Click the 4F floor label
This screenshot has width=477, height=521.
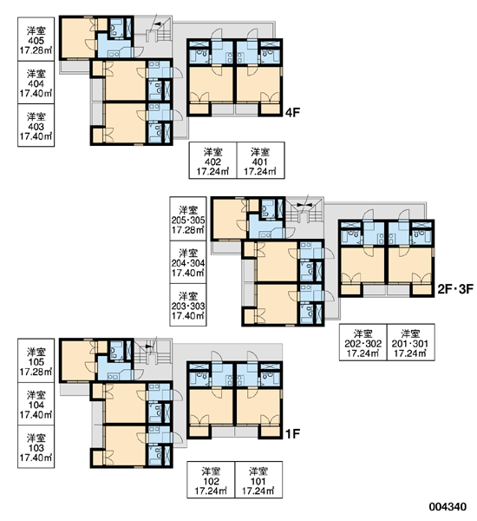[292, 112]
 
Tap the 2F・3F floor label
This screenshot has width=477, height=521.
[455, 289]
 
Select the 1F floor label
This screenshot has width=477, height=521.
[292, 433]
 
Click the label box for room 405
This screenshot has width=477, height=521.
[36, 39]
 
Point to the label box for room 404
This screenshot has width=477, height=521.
[36, 82]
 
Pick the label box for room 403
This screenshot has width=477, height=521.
[36, 125]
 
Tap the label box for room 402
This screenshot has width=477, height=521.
[212, 161]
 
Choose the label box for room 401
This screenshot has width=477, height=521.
[260, 161]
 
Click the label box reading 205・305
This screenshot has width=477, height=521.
[188, 219]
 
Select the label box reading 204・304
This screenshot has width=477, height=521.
[188, 262]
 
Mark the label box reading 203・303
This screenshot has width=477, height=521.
[188, 305]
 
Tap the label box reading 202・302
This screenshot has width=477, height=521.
[363, 342]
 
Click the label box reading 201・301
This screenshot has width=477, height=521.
[410, 342]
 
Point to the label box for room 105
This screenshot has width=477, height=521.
[36, 360]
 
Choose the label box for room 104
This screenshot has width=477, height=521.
[36, 404]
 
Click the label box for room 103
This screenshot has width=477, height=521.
[36, 446]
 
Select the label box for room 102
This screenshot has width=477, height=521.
[211, 480]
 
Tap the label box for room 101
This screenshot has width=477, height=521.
[258, 480]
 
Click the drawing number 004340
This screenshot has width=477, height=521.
[448, 507]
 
